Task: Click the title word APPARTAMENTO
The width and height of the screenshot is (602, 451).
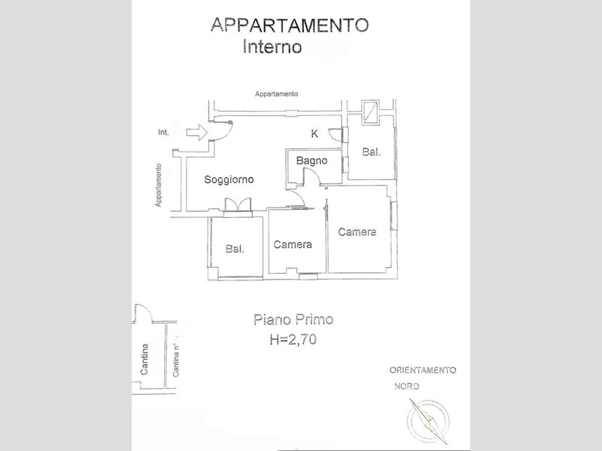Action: (290, 24)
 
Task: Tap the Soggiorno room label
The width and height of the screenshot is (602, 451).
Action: (229, 180)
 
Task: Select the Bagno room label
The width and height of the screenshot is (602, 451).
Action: (310, 161)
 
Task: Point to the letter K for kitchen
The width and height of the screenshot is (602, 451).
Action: (315, 134)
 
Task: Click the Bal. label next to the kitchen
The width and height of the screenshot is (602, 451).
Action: (371, 152)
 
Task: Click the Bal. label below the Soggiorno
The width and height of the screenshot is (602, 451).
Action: (235, 249)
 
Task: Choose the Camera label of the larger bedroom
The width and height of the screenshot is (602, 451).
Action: (357, 232)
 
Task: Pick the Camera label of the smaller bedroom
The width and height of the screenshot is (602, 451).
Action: (293, 244)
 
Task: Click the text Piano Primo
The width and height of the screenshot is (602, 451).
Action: (293, 321)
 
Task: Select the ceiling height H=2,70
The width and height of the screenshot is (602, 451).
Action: (293, 340)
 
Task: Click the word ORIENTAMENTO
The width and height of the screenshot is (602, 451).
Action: (422, 371)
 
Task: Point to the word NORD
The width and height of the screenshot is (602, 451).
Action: (407, 386)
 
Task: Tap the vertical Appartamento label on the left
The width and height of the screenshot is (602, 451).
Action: (159, 186)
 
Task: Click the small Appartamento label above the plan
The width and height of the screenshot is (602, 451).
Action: (276, 94)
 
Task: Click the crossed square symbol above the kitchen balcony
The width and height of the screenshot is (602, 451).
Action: (370, 112)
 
